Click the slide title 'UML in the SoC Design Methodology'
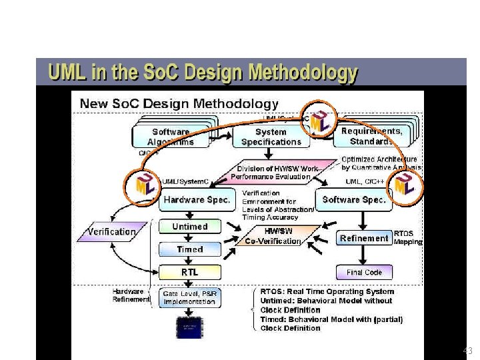(x=201, y=73)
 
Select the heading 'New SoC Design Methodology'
(x=179, y=103)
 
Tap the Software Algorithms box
(x=171, y=137)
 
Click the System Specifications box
(x=271, y=137)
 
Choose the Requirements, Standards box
(x=371, y=136)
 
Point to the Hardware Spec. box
(x=197, y=199)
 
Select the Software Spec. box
(x=355, y=199)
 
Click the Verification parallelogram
(x=111, y=232)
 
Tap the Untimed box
(x=190, y=227)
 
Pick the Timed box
(x=190, y=249)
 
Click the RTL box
(x=190, y=272)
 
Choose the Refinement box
(x=364, y=238)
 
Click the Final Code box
(x=364, y=272)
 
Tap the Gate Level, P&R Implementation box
(x=190, y=297)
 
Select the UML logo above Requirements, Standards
(x=321, y=121)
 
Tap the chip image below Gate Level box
(x=190, y=327)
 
